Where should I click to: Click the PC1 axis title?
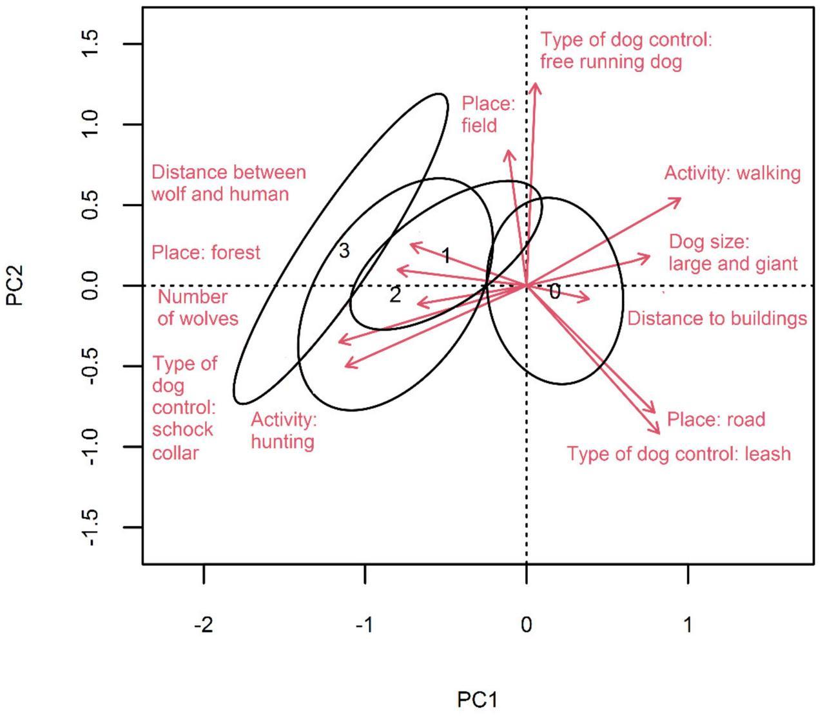click(x=478, y=699)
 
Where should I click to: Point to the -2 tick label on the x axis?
click(x=203, y=625)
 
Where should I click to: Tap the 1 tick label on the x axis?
click(x=688, y=625)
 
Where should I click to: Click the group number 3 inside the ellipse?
click(x=344, y=251)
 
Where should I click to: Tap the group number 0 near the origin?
click(x=554, y=292)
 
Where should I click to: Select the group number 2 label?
click(x=395, y=295)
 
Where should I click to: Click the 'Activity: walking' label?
click(x=732, y=173)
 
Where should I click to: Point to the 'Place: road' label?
click(x=715, y=420)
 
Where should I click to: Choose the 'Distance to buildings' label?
click(x=717, y=318)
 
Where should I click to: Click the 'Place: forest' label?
click(x=206, y=252)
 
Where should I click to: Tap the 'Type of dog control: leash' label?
click(x=678, y=454)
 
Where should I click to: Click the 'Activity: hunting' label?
click(x=284, y=431)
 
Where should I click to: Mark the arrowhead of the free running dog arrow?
click(x=535, y=85)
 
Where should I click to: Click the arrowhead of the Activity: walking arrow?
click(x=679, y=199)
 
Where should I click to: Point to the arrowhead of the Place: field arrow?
click(x=508, y=152)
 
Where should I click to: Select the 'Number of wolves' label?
click(x=197, y=307)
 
